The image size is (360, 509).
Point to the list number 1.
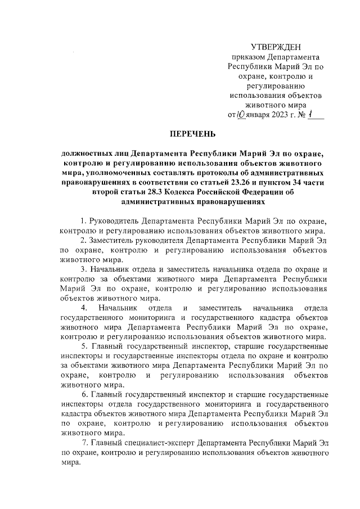pos(83,220)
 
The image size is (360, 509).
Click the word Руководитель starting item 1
pos(114,220)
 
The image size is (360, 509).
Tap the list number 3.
pos(83,269)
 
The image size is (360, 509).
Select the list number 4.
pos(83,308)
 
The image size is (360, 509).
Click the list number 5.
pos(83,346)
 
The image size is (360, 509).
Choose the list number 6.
pos(83,394)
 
